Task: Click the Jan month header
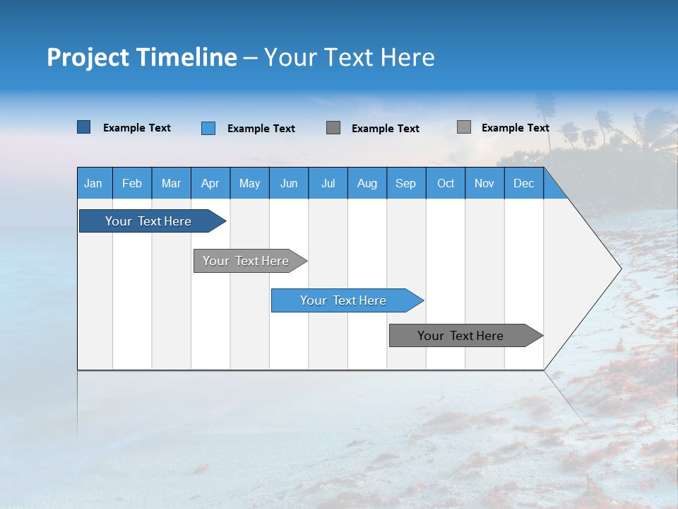tap(94, 183)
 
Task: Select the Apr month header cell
tap(210, 183)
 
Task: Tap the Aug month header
tap(367, 183)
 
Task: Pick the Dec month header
tap(524, 183)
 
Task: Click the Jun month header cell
tap(289, 183)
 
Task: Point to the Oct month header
tap(446, 183)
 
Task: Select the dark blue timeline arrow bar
tap(148, 221)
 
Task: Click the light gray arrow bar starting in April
tap(246, 261)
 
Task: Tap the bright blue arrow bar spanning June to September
tap(343, 300)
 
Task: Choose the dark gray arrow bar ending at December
tap(460, 336)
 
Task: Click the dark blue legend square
tap(83, 127)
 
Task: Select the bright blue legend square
tap(208, 128)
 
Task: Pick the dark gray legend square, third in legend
tap(333, 128)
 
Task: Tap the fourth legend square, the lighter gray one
tap(464, 127)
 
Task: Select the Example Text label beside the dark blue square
tap(137, 127)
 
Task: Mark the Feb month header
tap(132, 183)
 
